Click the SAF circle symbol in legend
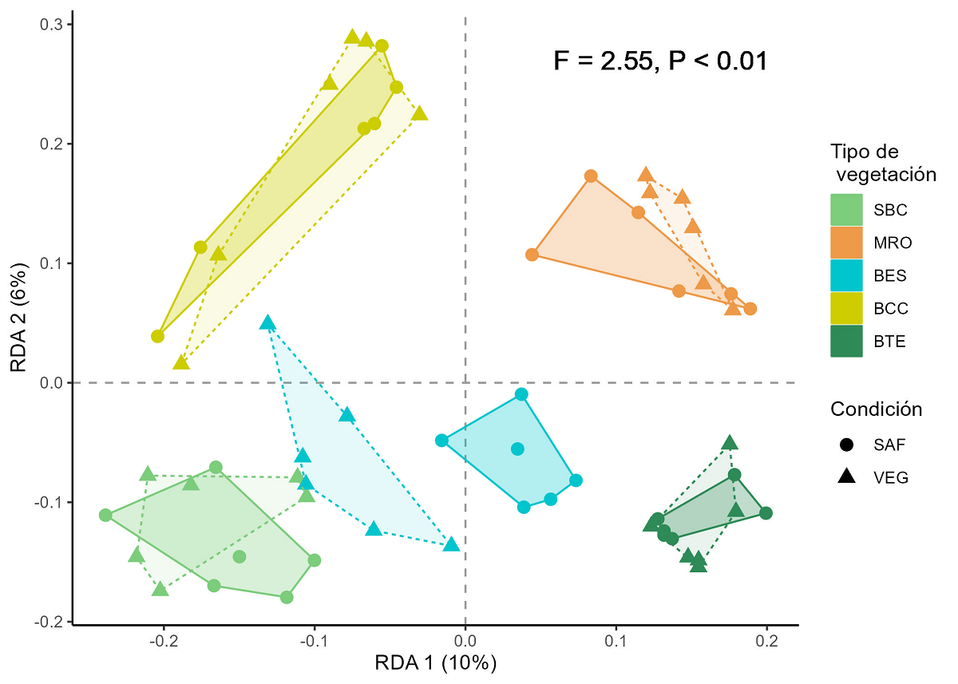pos(846,444)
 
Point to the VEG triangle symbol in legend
pos(846,477)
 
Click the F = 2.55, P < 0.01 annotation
pos(660,61)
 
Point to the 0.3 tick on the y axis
pos(51,25)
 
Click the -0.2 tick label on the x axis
pos(164,640)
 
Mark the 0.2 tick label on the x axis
pos(767,640)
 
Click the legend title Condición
pos(877,409)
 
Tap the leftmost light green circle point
pos(105,515)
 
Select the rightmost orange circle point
pos(750,309)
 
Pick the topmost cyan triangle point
pos(267,323)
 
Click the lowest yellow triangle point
pos(181,363)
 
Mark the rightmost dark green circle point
pos(766,513)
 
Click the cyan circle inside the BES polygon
pos(517,449)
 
